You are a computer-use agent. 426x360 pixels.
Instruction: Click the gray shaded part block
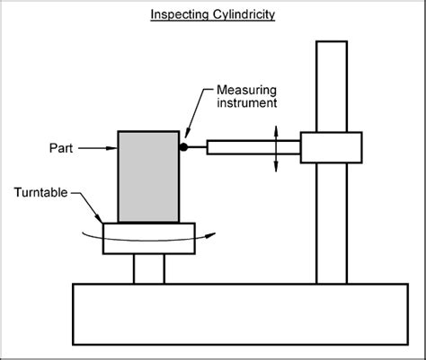tap(148, 175)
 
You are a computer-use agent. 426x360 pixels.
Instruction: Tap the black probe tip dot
tap(183, 146)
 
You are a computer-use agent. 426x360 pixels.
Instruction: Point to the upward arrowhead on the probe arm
tap(276, 128)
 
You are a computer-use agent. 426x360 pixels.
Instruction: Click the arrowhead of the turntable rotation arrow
tap(211, 236)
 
